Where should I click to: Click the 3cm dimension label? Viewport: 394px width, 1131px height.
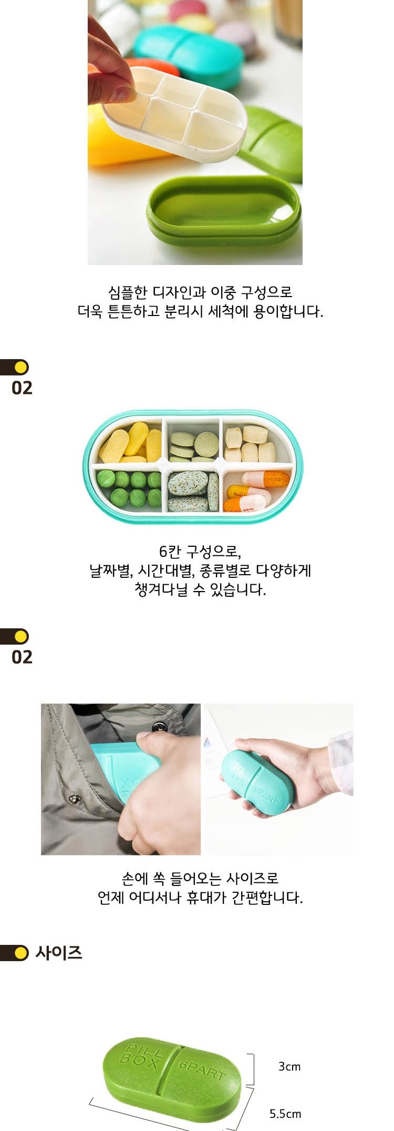click(x=289, y=1067)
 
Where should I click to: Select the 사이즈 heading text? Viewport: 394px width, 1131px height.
click(x=59, y=953)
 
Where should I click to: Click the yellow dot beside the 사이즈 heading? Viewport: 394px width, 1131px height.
click(x=21, y=953)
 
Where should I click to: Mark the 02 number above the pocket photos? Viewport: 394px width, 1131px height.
click(x=22, y=657)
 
